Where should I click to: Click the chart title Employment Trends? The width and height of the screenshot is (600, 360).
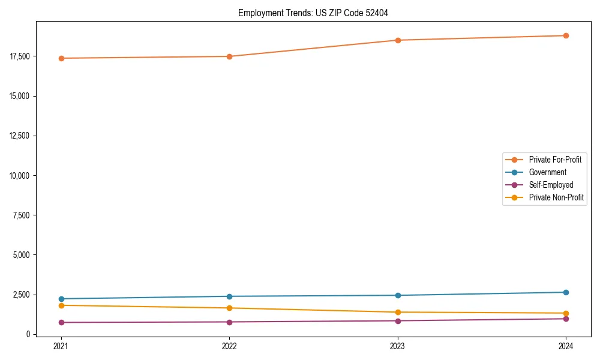[x=313, y=13]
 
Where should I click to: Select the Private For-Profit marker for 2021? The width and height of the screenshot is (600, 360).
[x=61, y=58]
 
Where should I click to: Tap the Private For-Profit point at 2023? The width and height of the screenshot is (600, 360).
[x=398, y=40]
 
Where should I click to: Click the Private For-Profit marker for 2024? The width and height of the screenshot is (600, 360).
[x=566, y=35]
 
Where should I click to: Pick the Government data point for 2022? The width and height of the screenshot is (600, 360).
[x=229, y=296]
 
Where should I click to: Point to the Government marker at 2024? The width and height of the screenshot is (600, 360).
[x=566, y=292]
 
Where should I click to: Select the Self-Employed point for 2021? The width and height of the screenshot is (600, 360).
[x=61, y=322]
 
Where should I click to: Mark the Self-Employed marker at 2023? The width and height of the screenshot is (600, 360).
[x=398, y=320]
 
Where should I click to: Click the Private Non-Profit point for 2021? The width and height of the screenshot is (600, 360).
[x=61, y=305]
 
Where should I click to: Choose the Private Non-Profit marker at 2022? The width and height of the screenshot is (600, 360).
[x=229, y=308]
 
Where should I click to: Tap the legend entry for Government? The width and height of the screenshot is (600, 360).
[x=547, y=172]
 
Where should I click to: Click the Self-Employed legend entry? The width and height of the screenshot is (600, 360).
[x=551, y=185]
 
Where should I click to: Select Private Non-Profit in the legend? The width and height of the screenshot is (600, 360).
[x=556, y=197]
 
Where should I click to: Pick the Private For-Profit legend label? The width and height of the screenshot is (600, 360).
[x=555, y=160]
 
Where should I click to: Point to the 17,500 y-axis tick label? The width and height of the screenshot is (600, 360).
[x=21, y=56]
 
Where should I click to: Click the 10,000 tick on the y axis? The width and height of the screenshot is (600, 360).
[x=21, y=175]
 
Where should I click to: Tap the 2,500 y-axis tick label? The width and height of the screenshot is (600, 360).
[x=23, y=295]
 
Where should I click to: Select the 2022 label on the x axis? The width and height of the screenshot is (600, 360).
[x=229, y=346]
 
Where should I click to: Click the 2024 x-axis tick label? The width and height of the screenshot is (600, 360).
[x=566, y=346]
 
